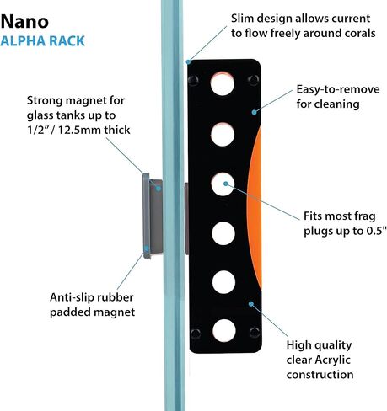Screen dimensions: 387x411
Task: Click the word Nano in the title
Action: [24, 21]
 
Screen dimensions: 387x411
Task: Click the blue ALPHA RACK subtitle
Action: [42, 41]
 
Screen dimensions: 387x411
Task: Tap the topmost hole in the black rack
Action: [223, 83]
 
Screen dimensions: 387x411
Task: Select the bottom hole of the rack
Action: [224, 331]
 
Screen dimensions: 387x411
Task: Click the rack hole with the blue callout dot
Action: [223, 184]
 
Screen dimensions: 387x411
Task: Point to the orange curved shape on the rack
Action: [255, 208]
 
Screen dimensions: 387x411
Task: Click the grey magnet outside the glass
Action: [153, 216]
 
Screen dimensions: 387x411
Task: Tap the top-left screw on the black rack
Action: [193, 80]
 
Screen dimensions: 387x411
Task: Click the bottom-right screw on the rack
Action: [255, 333]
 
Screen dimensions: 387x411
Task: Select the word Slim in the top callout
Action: [242, 19]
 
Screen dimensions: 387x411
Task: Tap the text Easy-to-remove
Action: [338, 89]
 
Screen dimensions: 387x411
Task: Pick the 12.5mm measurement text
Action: [79, 130]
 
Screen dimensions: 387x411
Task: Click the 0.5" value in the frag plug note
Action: [377, 231]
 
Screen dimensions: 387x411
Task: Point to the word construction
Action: [320, 375]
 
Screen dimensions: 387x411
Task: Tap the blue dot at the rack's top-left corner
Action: [188, 61]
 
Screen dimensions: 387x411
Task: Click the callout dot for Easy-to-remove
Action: [254, 112]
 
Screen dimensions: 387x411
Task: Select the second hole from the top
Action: [223, 134]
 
